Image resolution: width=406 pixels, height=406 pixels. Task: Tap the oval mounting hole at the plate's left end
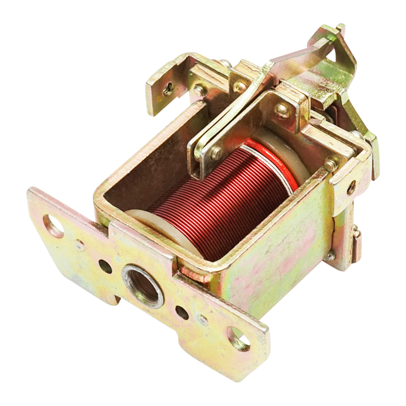tap(54, 226)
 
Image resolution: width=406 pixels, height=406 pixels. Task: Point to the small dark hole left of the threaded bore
tap(105, 266)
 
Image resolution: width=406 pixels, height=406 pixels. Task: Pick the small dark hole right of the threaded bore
tap(182, 313)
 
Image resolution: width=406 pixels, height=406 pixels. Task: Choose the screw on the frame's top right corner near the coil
tap(330, 165)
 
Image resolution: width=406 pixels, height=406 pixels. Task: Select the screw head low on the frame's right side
tap(330, 256)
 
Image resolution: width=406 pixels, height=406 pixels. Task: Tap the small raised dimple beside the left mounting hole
tap(80, 245)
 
